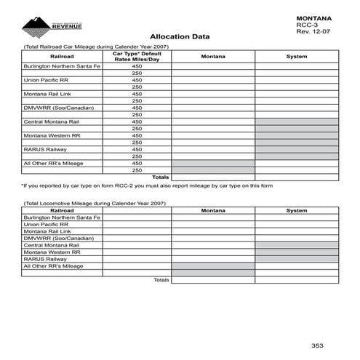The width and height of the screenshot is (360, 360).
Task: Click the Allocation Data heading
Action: point(180,36)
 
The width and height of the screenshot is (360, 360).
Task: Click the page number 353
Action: point(318,344)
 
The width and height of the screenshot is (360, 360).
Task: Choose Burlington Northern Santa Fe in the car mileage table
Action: point(61,66)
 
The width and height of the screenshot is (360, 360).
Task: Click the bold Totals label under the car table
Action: point(161,177)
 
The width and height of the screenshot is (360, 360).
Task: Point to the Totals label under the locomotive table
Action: point(161,279)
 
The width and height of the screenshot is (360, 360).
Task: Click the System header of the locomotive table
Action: point(296,210)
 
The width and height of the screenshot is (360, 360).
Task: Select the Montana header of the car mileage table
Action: point(212,56)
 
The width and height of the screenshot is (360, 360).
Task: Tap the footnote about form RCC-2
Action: point(146,186)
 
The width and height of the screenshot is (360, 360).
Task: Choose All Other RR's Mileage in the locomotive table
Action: point(53,265)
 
